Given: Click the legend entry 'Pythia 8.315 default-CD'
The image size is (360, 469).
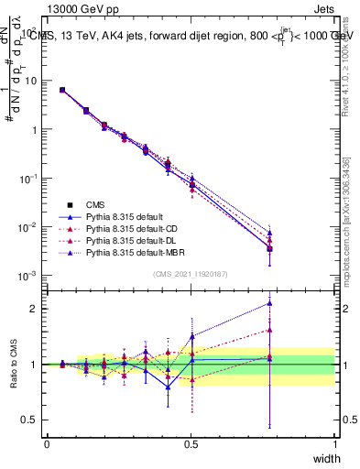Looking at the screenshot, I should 129,227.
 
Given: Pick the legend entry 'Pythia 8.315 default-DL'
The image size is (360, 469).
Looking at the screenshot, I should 128,239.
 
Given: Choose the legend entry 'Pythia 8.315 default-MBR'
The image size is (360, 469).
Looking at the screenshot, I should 131,251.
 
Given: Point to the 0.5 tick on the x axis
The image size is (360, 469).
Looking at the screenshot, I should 191,443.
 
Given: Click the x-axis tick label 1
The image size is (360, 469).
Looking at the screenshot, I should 334,443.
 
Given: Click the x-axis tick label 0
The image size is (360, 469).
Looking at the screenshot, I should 47,443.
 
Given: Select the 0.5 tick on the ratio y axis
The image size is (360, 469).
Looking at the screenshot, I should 31,420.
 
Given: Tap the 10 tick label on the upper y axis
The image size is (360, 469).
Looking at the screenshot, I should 31,81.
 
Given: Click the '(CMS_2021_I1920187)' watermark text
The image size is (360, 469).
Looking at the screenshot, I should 191,274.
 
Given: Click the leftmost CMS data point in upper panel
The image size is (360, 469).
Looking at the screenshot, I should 61,90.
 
